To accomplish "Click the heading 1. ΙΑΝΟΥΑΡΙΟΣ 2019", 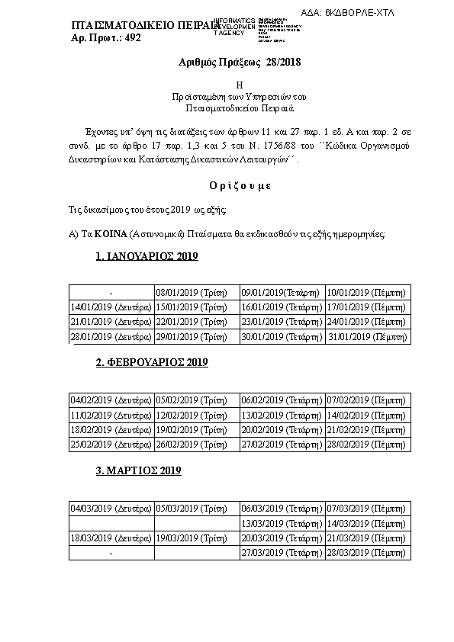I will coord(147,257).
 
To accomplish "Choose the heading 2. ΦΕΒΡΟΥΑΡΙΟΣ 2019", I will coord(151,363).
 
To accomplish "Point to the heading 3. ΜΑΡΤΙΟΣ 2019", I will coord(138,471).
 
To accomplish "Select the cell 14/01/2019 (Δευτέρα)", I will coord(111,307).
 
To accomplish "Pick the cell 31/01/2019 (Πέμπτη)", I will coord(367,336).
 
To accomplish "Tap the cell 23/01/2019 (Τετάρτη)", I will coord(280,322).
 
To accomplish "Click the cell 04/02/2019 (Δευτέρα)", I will coord(111,400).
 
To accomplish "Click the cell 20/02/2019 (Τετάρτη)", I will coord(280,429).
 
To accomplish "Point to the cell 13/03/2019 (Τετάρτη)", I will coord(280,523).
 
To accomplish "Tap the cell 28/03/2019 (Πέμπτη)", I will coord(367,552).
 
